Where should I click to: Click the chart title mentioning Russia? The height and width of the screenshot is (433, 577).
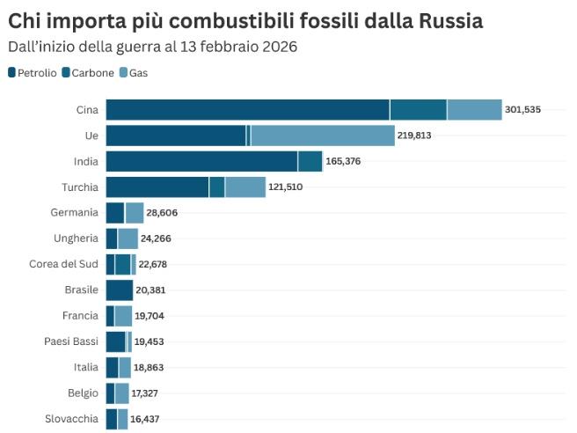(245, 20)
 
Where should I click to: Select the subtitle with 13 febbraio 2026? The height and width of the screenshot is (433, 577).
(152, 46)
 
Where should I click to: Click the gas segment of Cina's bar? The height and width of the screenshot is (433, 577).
(474, 110)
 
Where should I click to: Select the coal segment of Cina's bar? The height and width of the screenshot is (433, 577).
(418, 110)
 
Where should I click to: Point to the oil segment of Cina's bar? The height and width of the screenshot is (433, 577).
(247, 110)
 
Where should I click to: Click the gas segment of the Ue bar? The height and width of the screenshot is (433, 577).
(322, 136)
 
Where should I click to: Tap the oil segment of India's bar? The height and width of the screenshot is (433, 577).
(201, 161)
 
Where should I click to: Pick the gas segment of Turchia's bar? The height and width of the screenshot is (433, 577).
(245, 187)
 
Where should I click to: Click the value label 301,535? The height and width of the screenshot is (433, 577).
(522, 110)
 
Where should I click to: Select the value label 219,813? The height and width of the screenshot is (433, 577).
(414, 136)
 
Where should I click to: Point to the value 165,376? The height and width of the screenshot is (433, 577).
(343, 161)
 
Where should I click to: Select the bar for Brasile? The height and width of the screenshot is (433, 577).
(119, 290)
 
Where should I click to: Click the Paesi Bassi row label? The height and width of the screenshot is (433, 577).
(70, 341)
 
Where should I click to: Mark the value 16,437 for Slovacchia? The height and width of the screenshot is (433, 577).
(145, 419)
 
